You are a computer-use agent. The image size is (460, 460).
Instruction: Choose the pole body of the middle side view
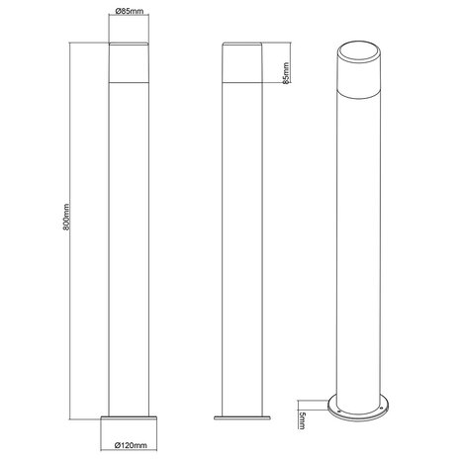pos(242,247)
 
